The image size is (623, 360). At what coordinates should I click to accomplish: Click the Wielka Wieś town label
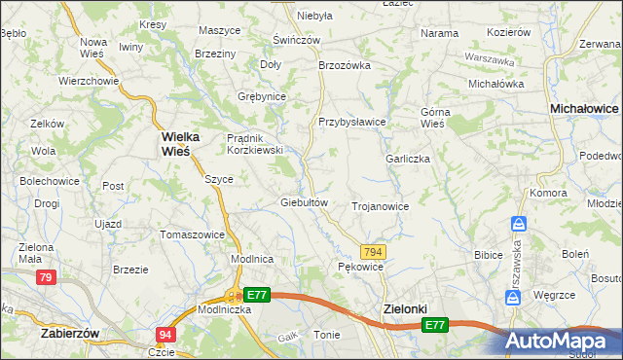(x=182, y=143)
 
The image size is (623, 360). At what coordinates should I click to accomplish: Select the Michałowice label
(x=585, y=111)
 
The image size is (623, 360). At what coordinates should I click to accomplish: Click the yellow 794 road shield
(x=375, y=252)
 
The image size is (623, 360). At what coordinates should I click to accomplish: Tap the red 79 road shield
(x=45, y=278)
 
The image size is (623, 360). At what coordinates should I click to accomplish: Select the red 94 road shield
(x=165, y=335)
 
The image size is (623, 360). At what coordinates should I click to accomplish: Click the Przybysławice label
(x=352, y=122)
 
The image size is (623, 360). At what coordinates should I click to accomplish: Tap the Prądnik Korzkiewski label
(x=254, y=144)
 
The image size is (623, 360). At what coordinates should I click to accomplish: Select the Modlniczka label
(x=225, y=308)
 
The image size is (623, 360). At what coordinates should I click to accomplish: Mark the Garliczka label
(x=408, y=159)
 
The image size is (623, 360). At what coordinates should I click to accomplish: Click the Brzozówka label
(x=346, y=65)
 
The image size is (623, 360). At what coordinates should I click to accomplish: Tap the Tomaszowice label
(x=192, y=234)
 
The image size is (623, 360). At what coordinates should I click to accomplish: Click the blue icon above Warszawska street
(x=519, y=224)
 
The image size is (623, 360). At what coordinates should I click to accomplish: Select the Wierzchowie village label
(x=89, y=81)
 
